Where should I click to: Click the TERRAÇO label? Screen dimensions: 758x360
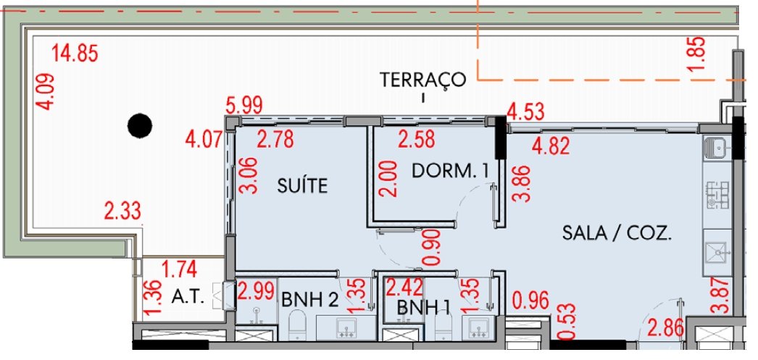422,79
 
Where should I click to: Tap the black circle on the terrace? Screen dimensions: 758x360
140,125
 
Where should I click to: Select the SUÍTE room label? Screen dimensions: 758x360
303,185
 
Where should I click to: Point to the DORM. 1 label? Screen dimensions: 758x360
450,171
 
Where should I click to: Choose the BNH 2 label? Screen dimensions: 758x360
309,300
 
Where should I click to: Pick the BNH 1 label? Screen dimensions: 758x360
420,306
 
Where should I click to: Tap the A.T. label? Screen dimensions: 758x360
188,298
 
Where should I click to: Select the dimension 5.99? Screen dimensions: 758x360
245,105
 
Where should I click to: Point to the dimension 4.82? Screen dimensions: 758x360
550,146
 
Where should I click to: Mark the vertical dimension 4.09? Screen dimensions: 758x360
45,91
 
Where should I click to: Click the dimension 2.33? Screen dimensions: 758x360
122,212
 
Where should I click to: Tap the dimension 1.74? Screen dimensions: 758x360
179,269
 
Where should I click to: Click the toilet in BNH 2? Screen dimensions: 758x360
297,325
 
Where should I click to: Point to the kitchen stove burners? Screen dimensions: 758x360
718,195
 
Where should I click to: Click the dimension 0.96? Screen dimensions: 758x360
530,301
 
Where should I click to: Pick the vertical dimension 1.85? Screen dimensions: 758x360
698,53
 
